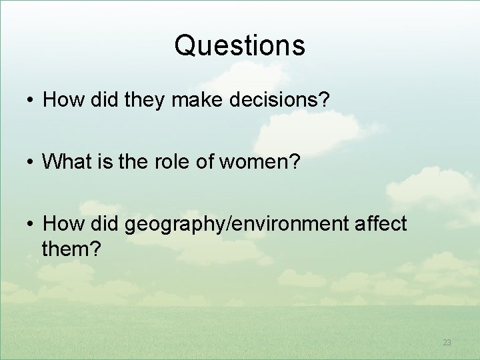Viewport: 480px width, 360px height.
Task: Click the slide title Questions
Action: (x=239, y=45)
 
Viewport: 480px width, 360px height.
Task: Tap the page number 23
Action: (x=447, y=343)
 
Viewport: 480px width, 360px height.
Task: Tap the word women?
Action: (x=273, y=161)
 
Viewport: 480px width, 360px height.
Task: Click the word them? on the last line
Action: (x=71, y=249)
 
